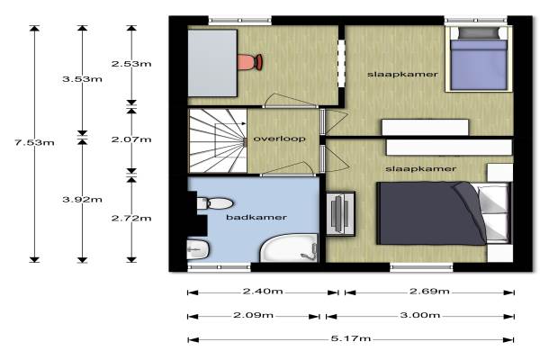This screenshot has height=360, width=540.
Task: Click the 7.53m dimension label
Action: click(34, 142)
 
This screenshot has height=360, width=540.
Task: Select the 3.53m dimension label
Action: click(82, 79)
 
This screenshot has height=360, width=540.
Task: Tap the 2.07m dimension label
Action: click(131, 139)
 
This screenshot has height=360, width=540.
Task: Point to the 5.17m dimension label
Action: click(351, 338)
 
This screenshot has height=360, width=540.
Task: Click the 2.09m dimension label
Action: click(254, 315)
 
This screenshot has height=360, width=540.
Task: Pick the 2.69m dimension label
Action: click(429, 291)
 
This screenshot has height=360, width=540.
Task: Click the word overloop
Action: click(279, 139)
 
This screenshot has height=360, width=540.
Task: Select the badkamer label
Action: click(256, 217)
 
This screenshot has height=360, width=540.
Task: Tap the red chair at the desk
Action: click(250, 62)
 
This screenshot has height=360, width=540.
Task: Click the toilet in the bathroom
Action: click(214, 203)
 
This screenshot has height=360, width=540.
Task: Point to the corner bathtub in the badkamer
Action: click(289, 247)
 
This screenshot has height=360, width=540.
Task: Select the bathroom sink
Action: click(198, 248)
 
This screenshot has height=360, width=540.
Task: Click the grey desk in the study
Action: click(212, 63)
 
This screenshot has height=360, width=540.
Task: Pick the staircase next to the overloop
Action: click(218, 140)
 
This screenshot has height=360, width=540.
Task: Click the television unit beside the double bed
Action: click(340, 213)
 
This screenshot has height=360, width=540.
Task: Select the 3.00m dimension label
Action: click(419, 315)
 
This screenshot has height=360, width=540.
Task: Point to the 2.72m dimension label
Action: click(131, 218)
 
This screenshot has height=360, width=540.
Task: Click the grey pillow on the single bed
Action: click(479, 32)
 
